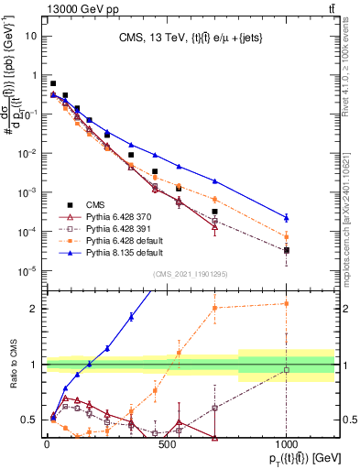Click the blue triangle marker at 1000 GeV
[x=287, y=217]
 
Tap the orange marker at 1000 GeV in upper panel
[x=287, y=236]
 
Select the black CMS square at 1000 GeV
[x=287, y=250]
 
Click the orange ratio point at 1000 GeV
[x=287, y=303]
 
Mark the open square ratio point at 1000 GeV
[x=287, y=370]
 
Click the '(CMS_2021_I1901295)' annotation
[x=190, y=274]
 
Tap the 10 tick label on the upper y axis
[x=31, y=36]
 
